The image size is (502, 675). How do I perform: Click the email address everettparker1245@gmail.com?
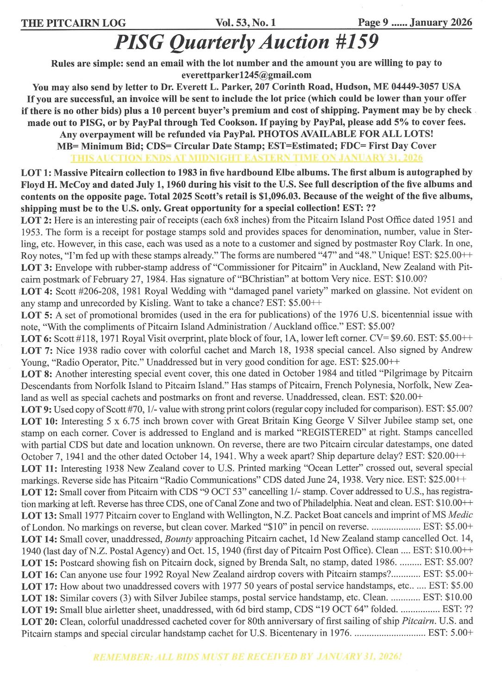point(246,75)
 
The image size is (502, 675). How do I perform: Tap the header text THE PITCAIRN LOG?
point(73,23)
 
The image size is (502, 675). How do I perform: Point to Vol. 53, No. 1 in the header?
point(245,22)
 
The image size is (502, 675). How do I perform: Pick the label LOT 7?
point(38,350)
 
